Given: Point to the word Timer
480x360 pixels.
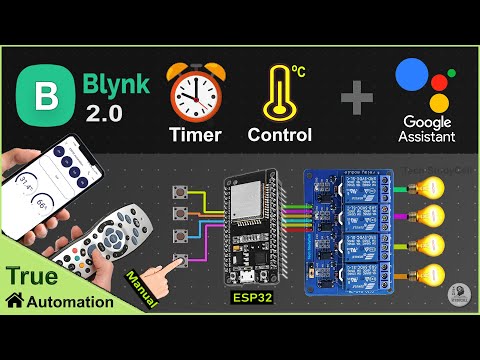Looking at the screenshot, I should coord(196,135).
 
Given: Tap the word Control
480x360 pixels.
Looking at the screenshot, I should coord(281,135).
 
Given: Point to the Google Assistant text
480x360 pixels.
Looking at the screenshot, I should coord(425,128).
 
